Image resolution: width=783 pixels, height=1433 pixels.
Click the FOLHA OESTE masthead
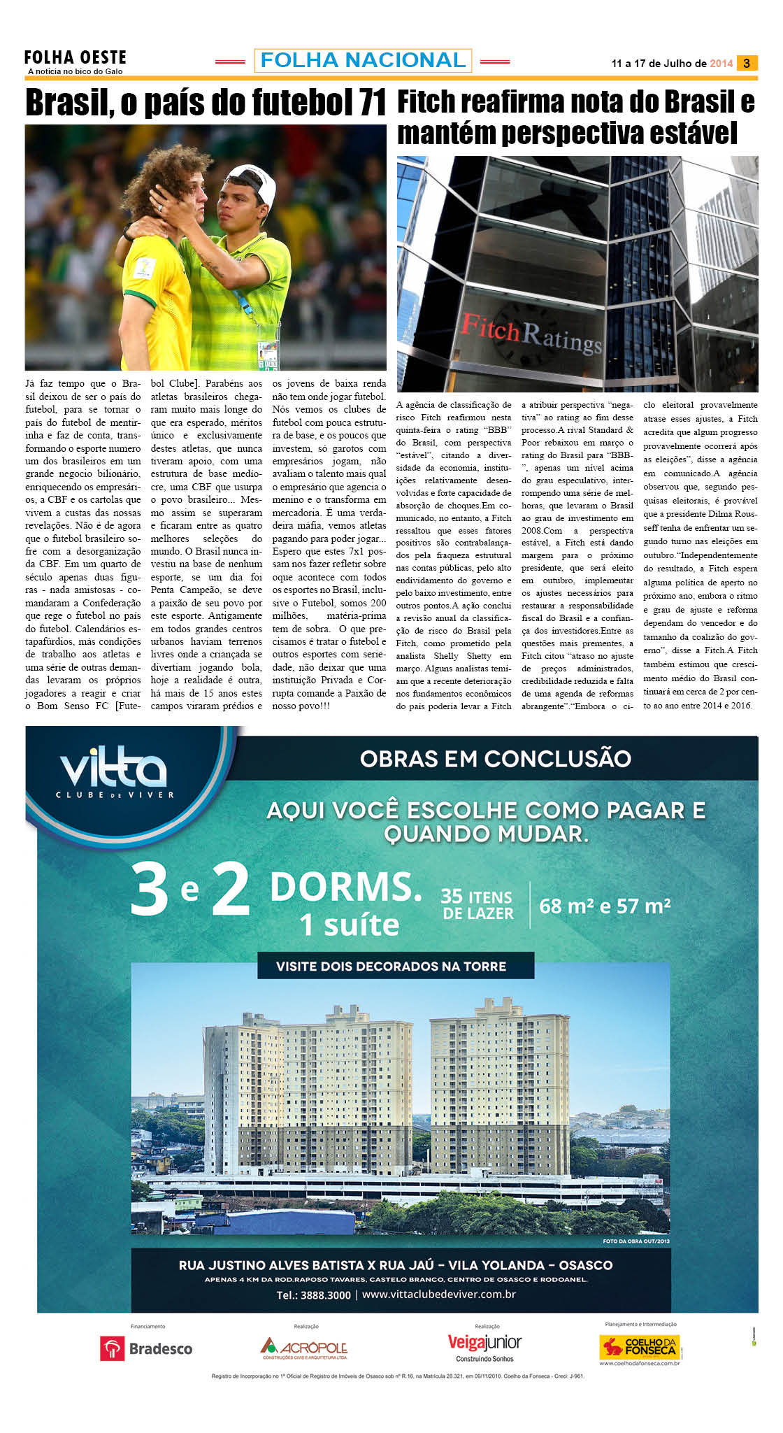click(x=75, y=58)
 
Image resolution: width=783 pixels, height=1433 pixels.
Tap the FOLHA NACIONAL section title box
click(x=363, y=61)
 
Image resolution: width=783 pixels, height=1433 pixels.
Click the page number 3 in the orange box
click(x=747, y=64)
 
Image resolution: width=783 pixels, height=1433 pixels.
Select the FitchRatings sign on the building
click(x=530, y=334)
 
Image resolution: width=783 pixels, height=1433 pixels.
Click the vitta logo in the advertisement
click(x=114, y=771)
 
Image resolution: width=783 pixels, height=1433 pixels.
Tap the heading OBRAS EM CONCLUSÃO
click(x=496, y=759)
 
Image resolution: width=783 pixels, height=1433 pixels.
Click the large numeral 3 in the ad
click(x=150, y=889)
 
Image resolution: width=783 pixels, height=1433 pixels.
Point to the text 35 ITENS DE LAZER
click(x=477, y=905)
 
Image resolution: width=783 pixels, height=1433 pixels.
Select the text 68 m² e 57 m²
click(x=605, y=906)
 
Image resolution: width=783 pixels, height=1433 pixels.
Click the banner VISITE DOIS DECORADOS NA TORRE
click(x=391, y=967)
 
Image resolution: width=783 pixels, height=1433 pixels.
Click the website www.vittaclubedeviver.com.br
click(x=439, y=1294)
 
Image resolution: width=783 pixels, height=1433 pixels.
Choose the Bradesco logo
click(x=147, y=1348)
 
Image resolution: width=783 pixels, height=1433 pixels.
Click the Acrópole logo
click(x=304, y=1347)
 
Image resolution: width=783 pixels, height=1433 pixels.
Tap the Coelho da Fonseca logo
click(x=640, y=1347)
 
